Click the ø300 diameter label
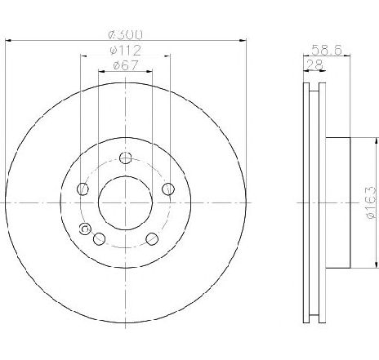[x=125, y=34]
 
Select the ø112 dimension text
[x=125, y=51]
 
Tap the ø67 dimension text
[x=126, y=65]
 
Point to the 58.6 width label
[x=327, y=50]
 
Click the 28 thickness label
[x=314, y=65]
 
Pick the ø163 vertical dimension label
[x=372, y=202]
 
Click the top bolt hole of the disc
[x=126, y=158]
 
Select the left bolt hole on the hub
[x=82, y=189]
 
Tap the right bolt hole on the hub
[x=168, y=189]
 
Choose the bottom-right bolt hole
[x=152, y=239]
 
